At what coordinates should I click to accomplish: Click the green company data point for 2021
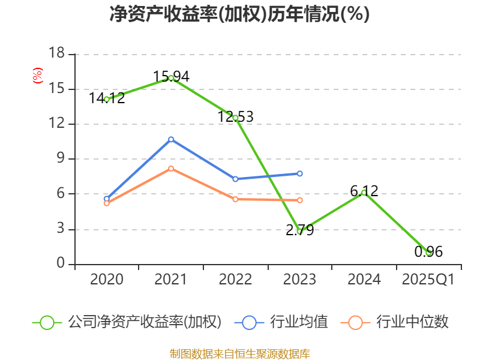(x=171, y=78)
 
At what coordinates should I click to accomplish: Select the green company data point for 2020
(x=107, y=99)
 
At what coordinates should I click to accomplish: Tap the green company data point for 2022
(x=235, y=118)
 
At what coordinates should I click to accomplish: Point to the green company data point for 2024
(x=364, y=193)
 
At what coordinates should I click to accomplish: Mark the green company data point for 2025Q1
(x=428, y=253)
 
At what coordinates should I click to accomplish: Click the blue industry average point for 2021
(x=171, y=139)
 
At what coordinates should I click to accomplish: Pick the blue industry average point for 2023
(x=300, y=173)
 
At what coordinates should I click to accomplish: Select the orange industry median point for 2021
(x=171, y=169)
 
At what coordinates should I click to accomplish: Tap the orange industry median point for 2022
(x=235, y=199)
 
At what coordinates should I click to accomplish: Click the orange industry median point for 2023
(x=300, y=200)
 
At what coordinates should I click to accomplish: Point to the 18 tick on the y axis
(x=56, y=54)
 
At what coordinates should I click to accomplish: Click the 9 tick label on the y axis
(x=60, y=159)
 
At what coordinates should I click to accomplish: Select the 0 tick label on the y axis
(x=60, y=264)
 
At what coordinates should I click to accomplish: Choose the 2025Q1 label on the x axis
(x=428, y=280)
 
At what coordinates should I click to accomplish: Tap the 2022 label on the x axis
(x=235, y=280)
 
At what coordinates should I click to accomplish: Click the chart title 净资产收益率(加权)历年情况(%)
(x=239, y=14)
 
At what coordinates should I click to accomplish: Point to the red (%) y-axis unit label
(x=37, y=76)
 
